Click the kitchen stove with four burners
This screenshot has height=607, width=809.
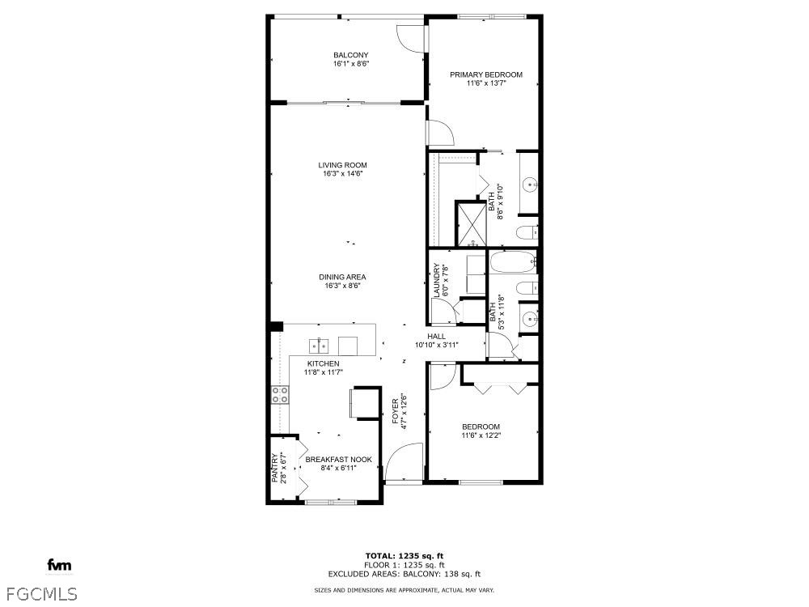(280, 395)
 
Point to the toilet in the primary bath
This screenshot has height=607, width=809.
(526, 234)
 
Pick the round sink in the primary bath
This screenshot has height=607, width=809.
(530, 185)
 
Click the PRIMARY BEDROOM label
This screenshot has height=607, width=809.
(486, 74)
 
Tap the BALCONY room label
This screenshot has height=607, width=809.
(350, 55)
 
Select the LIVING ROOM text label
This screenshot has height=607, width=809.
(342, 165)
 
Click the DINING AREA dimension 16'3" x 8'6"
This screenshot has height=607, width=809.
(341, 285)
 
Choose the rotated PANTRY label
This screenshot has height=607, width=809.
(275, 467)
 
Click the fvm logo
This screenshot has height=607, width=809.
(58, 564)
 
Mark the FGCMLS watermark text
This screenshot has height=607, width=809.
(39, 593)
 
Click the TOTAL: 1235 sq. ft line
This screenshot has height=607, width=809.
(404, 555)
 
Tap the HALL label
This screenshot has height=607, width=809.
(436, 336)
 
